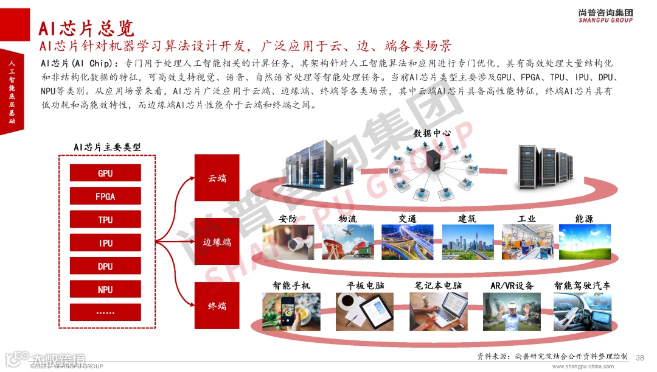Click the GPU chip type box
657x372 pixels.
(x=105, y=173)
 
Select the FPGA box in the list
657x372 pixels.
(x=105, y=196)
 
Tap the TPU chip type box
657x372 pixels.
(x=105, y=219)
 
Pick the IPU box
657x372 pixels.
(x=105, y=242)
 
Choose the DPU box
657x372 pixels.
(x=105, y=266)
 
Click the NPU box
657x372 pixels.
(x=105, y=289)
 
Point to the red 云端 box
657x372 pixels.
(x=217, y=178)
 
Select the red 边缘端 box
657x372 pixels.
(x=217, y=241)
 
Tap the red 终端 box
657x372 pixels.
(x=217, y=306)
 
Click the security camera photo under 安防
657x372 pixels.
(x=288, y=242)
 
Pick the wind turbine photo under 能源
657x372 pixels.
(x=584, y=242)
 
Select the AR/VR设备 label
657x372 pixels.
(x=512, y=285)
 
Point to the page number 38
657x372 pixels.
(x=639, y=357)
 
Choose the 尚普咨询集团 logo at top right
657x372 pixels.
(x=605, y=15)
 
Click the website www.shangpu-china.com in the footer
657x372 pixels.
(x=586, y=367)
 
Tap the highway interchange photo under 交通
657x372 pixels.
(x=407, y=242)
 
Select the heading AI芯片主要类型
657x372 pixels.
(x=107, y=147)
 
